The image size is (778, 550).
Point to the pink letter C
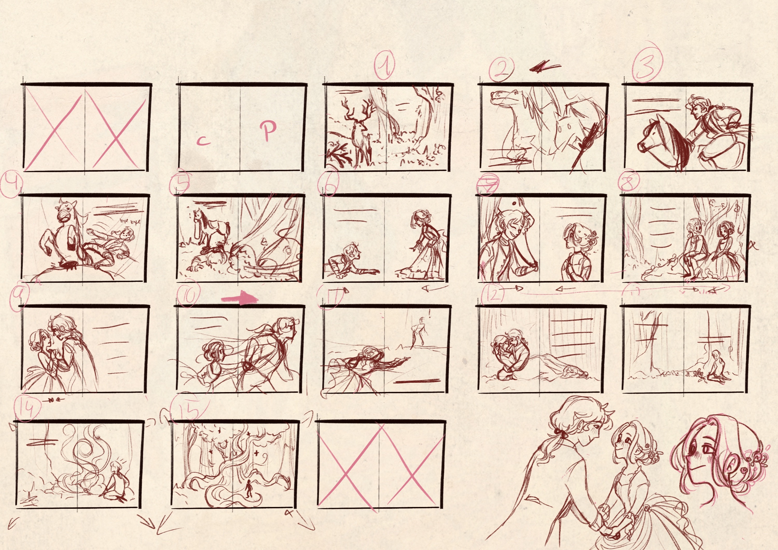(x=203, y=140)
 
